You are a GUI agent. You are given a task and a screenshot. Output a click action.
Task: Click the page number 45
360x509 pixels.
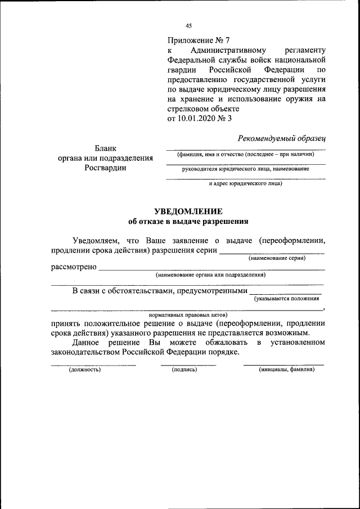[189, 25]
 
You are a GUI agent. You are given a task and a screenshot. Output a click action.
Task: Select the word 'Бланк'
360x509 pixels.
[106, 148]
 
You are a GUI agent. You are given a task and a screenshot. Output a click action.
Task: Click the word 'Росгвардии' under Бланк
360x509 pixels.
[106, 168]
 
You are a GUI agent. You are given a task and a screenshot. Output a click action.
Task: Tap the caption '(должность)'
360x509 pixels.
[84, 370]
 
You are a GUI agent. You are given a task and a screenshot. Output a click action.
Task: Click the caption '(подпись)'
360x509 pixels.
[184, 370]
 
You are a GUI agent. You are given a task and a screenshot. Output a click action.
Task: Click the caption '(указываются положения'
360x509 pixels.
[287, 299]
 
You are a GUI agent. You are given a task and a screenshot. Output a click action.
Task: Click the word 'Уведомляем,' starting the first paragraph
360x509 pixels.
[96, 241]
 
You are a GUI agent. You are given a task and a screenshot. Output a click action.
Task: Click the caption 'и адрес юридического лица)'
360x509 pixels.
[246, 183]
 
